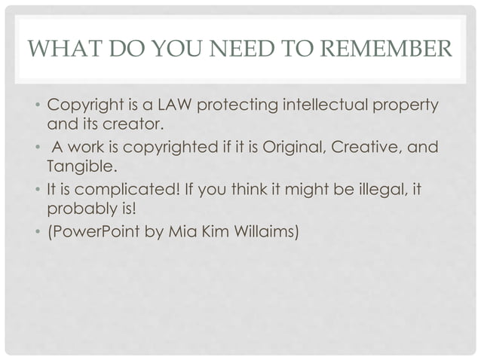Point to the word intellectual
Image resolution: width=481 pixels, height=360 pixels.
(326, 103)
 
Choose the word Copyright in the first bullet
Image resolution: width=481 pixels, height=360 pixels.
(83, 103)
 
